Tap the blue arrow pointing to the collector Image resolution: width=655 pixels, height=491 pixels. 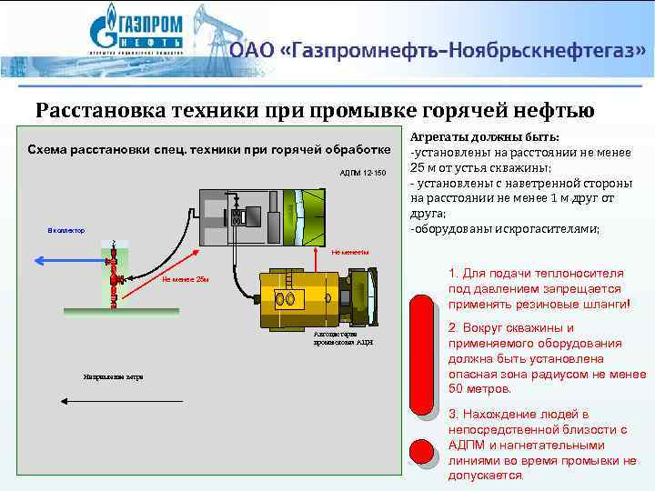pyautogui.click(x=73, y=259)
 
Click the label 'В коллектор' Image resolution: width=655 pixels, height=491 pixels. pyautogui.click(x=66, y=231)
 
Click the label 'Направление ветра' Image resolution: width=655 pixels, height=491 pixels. pyautogui.click(x=108, y=376)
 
